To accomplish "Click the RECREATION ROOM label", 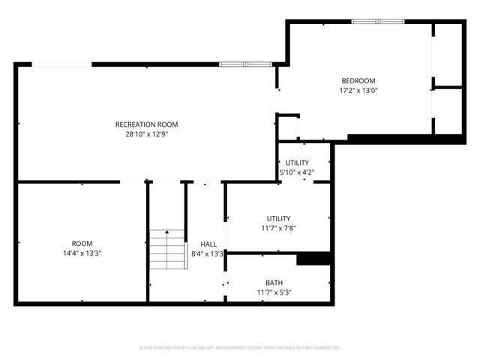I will [146, 124].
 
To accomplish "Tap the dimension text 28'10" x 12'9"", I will [146, 134].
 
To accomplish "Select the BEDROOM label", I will [358, 81].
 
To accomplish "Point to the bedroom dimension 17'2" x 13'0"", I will [358, 91].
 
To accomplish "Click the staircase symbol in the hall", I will [167, 250].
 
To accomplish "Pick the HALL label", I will [208, 244].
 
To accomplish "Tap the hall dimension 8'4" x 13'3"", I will [208, 253].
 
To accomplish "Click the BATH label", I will [274, 283].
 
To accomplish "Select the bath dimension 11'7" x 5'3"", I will [274, 292].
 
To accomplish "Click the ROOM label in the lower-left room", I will [82, 243].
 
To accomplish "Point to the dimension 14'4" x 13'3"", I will [82, 253].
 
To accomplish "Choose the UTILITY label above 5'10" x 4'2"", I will [297, 163].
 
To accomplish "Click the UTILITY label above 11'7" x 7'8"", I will [277, 218].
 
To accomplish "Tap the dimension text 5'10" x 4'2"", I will [297, 172].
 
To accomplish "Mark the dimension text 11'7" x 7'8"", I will [277, 228].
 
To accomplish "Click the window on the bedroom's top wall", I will [378, 22].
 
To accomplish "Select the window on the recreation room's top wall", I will [245, 64].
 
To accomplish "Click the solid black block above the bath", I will [313, 259].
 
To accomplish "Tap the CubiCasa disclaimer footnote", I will [240, 348].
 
